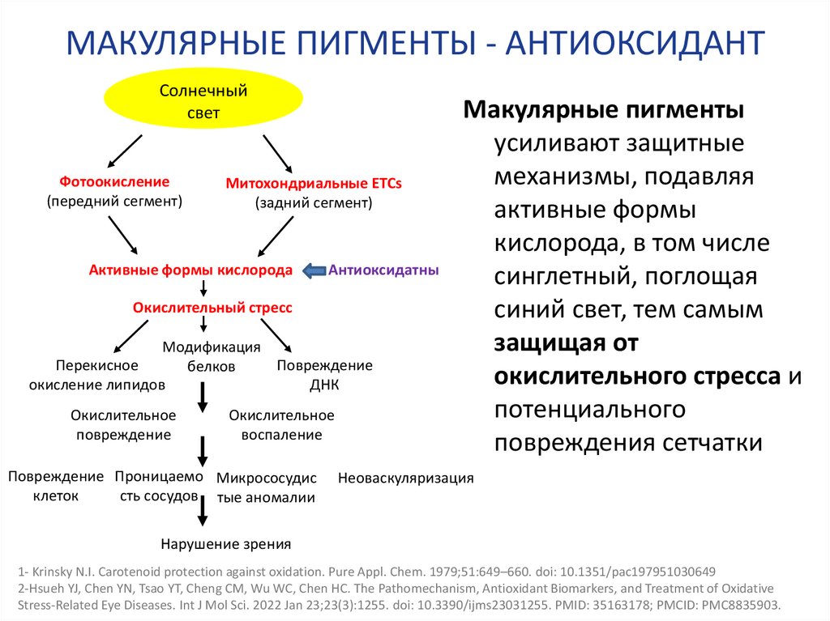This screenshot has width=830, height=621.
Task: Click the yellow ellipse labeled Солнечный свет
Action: [x=203, y=101]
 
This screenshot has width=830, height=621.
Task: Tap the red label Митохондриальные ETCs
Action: [x=314, y=184]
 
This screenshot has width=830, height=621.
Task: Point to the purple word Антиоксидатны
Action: [x=383, y=270]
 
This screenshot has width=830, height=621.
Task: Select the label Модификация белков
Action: [x=212, y=356]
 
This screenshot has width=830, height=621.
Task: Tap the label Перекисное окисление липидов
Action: [x=97, y=375]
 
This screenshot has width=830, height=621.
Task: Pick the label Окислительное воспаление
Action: [x=281, y=424]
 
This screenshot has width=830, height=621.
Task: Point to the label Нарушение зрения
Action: [x=225, y=544]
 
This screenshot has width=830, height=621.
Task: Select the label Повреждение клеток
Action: [x=56, y=485]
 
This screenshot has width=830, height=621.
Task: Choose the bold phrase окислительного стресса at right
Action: [x=638, y=376]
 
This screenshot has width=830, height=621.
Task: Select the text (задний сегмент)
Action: [x=314, y=203]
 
